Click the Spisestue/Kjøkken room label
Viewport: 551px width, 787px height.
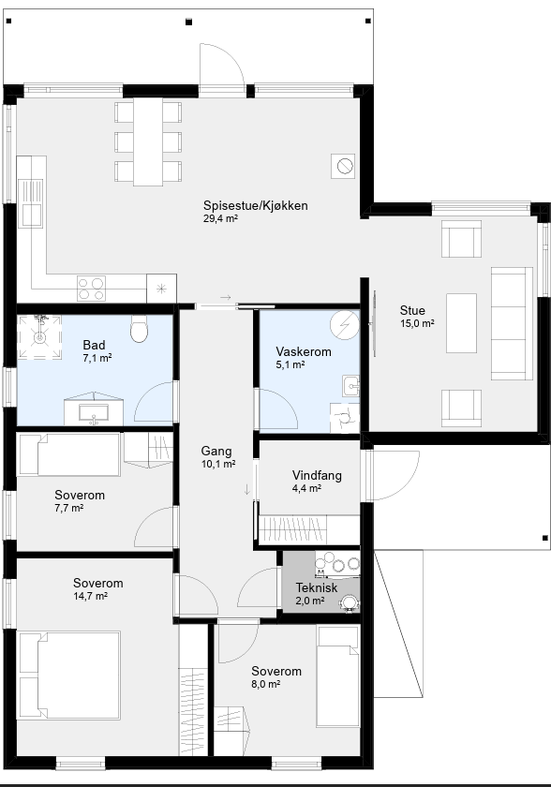click(256, 205)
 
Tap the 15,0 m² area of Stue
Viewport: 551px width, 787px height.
click(417, 324)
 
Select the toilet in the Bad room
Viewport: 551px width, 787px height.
click(139, 329)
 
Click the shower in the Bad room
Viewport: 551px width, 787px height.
click(39, 336)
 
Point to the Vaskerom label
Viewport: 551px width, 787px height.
click(304, 351)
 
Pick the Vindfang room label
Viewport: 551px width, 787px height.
click(317, 475)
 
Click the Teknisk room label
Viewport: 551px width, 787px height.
click(317, 587)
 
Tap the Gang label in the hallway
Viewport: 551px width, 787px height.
click(216, 452)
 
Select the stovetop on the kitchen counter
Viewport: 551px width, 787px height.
click(91, 289)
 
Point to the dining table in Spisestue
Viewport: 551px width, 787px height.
click(148, 142)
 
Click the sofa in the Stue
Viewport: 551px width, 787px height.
click(512, 324)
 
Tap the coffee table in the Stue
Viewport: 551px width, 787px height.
click(461, 323)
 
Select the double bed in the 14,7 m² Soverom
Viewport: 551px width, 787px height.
click(69, 676)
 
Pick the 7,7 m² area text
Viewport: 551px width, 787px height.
click(69, 508)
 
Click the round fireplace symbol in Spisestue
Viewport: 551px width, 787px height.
click(345, 166)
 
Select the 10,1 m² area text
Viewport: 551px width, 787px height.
click(218, 465)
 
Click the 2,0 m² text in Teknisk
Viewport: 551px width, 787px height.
click(309, 601)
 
